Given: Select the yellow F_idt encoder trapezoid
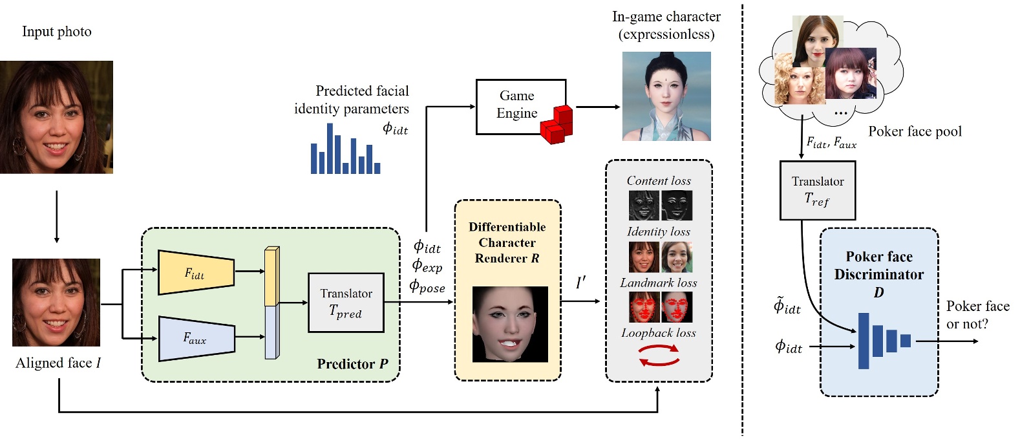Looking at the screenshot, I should [x=195, y=273].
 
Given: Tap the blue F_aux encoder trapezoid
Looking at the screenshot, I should [x=195, y=338].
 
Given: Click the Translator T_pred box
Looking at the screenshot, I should [x=346, y=302].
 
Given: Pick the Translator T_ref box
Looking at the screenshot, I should [x=817, y=190].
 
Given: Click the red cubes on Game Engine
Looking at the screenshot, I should [x=557, y=125].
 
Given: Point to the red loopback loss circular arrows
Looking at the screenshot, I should [x=659, y=355].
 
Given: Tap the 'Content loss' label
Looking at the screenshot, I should [x=659, y=181].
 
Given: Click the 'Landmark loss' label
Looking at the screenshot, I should [x=659, y=283].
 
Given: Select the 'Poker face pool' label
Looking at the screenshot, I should [x=915, y=132].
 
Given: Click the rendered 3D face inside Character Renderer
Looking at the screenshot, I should [x=510, y=324].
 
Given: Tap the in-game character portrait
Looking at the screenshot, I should [x=666, y=96].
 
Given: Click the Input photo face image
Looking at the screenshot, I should [x=56, y=117].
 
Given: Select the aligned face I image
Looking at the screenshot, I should [x=56, y=303].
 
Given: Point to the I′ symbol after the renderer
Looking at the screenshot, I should [x=580, y=283].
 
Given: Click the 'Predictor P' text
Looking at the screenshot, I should [x=352, y=364].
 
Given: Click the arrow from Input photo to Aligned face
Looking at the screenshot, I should [x=57, y=216].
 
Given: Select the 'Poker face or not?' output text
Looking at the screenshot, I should [x=977, y=315].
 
